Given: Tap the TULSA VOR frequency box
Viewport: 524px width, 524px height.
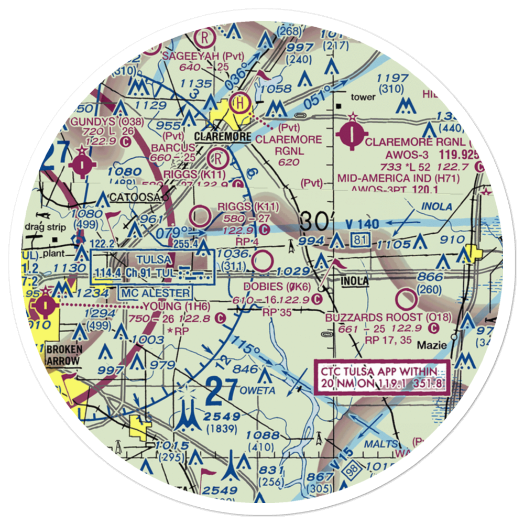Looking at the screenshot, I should click(x=151, y=267).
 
